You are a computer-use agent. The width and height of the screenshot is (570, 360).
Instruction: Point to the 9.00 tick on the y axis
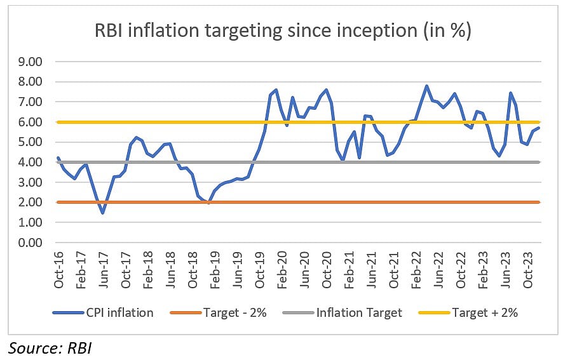pyautogui.click(x=31, y=62)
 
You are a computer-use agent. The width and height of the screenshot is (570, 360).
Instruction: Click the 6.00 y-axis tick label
pyautogui.click(x=31, y=122)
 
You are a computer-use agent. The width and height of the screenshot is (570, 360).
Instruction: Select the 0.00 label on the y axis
pyautogui.click(x=31, y=243)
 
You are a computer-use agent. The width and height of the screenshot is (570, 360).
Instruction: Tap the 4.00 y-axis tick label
pyautogui.click(x=31, y=163)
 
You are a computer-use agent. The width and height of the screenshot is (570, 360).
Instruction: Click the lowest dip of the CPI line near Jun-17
pyautogui.click(x=103, y=213)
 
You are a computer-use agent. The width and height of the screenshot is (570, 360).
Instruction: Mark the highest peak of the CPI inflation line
pyautogui.click(x=426, y=86)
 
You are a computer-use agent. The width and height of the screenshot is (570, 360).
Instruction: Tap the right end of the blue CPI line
pyautogui.click(x=539, y=128)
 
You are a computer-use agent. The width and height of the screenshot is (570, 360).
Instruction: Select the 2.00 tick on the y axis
pyautogui.click(x=31, y=203)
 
